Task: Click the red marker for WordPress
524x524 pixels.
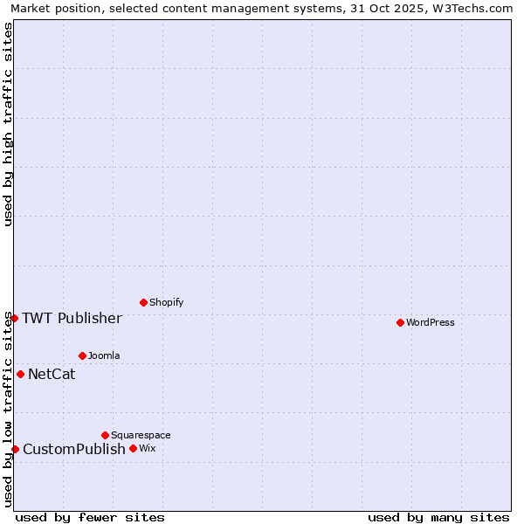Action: point(400,322)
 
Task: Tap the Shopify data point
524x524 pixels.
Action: point(143,302)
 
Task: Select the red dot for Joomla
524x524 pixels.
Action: point(82,355)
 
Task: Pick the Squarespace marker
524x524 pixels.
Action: point(105,435)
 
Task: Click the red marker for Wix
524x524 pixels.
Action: point(133,448)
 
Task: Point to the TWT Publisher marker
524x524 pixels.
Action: point(14,318)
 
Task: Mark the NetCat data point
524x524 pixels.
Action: point(20,374)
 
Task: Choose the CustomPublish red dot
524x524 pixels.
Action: point(15,449)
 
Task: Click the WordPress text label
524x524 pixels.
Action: point(431,322)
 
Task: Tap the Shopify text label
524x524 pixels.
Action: point(166,302)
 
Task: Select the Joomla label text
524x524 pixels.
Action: point(104,355)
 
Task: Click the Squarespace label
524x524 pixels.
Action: point(141,435)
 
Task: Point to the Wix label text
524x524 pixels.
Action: point(147,448)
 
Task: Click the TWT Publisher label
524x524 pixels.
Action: point(72,318)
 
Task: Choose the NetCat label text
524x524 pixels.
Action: point(52,375)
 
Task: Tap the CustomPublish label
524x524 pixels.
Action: point(74,450)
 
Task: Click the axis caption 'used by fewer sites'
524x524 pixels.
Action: point(90,517)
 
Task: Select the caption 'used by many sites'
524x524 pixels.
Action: point(438,517)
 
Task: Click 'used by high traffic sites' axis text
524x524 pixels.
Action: point(9,124)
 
